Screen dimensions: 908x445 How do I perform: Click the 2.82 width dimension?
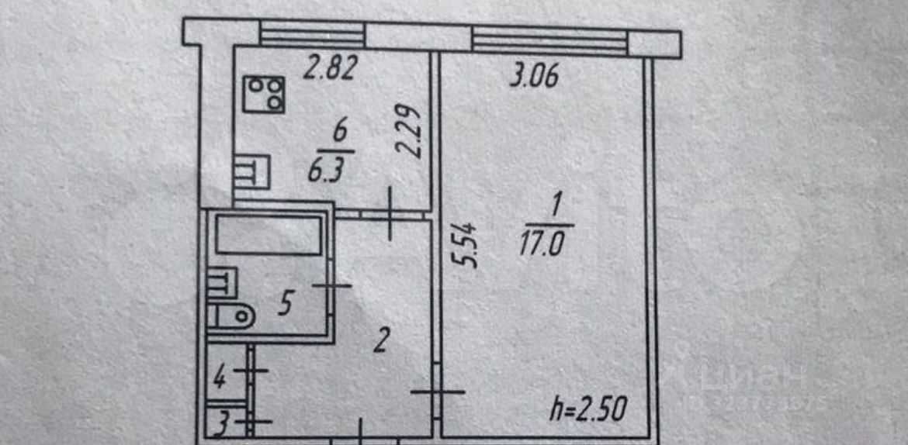point(329,69)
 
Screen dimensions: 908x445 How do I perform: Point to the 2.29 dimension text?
point(411,133)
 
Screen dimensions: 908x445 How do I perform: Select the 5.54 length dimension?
point(467,245)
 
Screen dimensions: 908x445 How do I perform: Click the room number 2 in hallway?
point(379,341)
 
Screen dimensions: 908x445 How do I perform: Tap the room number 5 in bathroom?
point(284,304)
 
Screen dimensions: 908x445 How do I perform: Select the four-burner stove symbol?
point(264,94)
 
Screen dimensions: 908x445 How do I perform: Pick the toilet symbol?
point(231,315)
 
